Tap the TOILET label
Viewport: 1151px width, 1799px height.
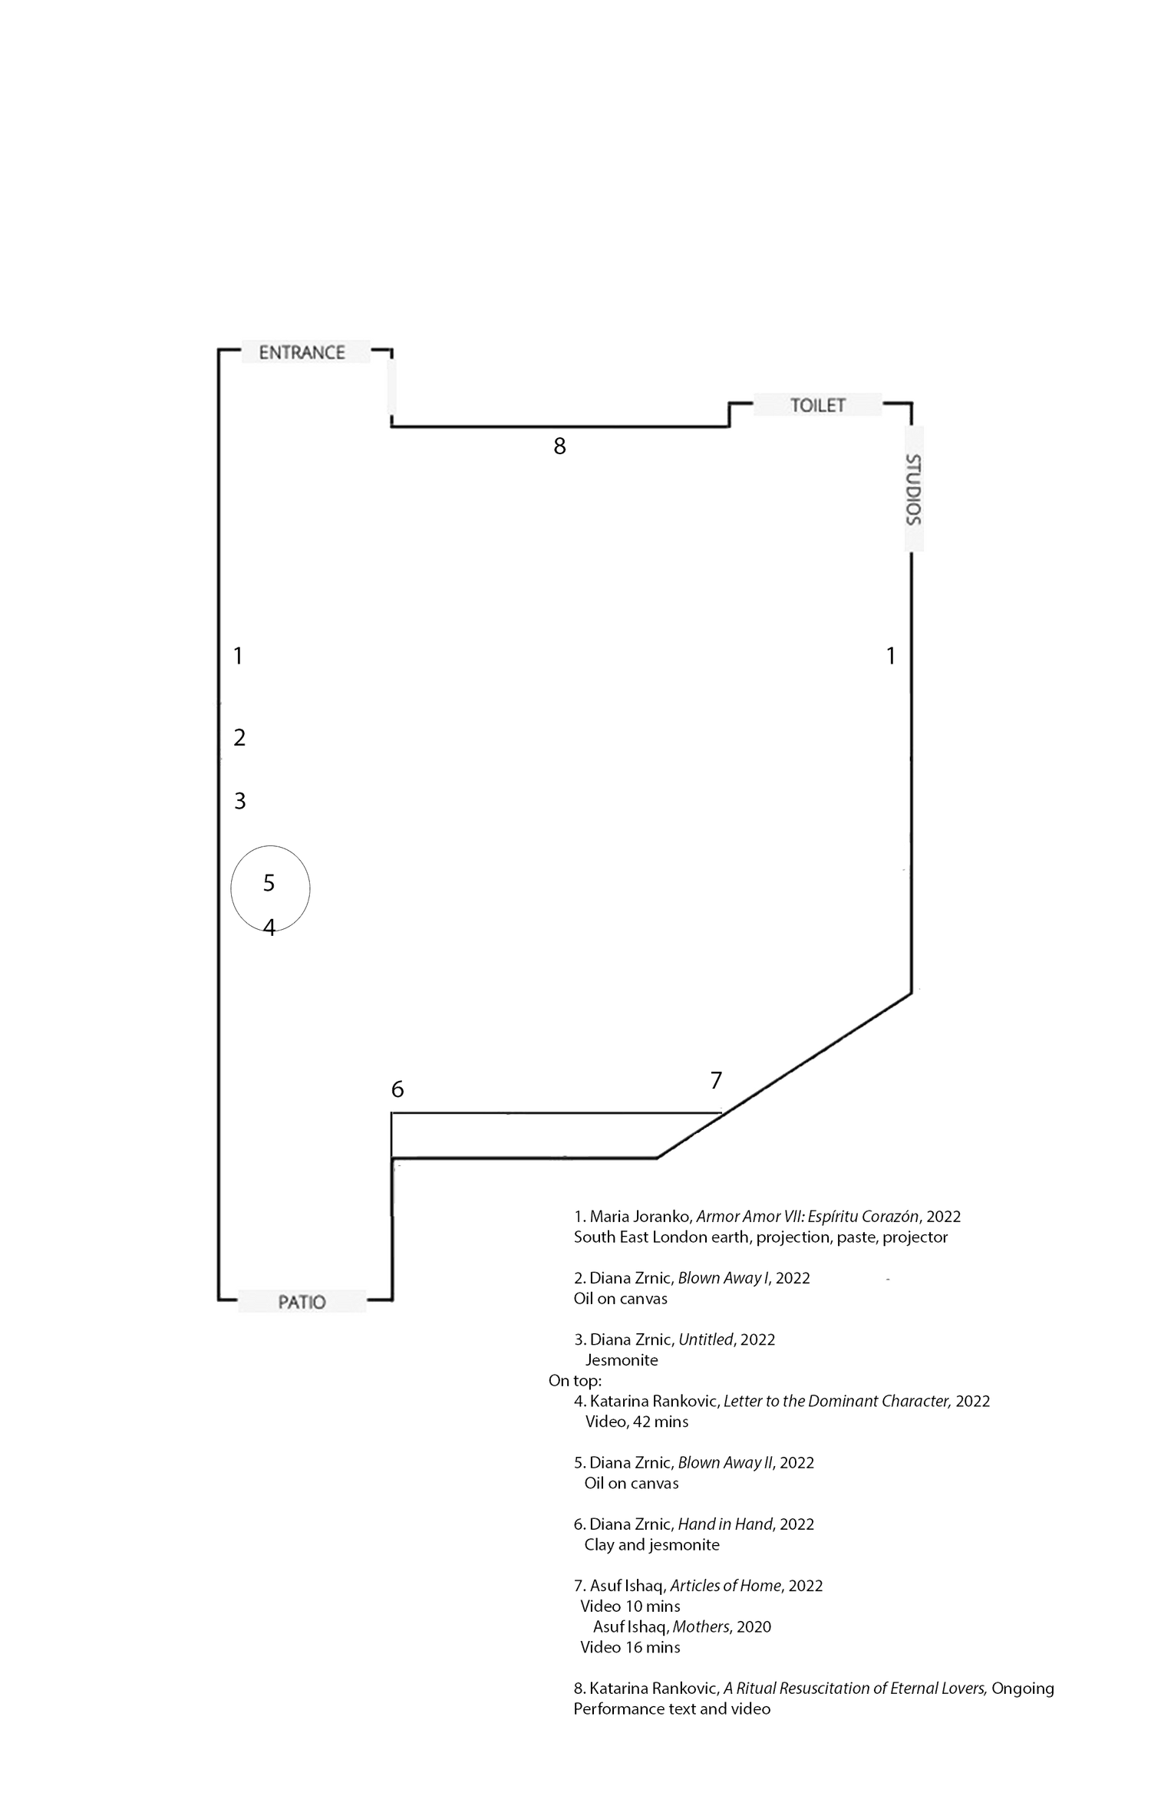[x=817, y=405]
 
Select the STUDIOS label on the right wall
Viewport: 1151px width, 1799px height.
[x=913, y=489]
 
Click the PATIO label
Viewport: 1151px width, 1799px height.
[x=302, y=1302]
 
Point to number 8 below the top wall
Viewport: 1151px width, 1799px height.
[x=560, y=446]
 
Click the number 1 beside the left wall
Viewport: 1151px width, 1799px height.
[x=236, y=657]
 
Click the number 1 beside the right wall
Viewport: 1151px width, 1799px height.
[x=889, y=657]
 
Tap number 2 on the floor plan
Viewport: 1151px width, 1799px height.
[x=239, y=737]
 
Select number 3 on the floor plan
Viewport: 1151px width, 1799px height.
[x=240, y=802]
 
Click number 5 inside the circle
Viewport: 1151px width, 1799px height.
[x=269, y=884]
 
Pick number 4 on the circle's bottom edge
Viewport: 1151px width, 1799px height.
[x=267, y=930]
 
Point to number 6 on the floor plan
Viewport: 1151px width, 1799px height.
[x=397, y=1089]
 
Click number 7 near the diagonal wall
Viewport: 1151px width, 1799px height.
[x=716, y=1082]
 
